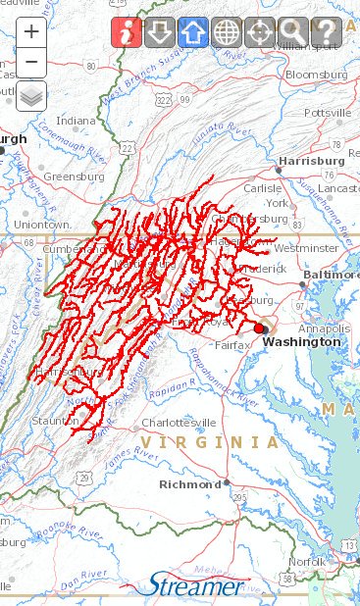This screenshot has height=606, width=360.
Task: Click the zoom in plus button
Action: click(31, 30)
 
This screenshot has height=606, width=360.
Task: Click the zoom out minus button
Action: click(31, 63)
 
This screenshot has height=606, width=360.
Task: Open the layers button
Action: click(31, 97)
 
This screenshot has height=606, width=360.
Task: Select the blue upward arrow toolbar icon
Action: click(194, 33)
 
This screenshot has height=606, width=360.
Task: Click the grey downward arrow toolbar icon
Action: click(161, 33)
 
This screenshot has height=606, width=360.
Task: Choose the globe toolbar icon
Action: click(228, 33)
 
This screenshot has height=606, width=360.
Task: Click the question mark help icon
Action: click(325, 33)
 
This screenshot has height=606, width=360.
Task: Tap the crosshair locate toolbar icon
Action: click(260, 33)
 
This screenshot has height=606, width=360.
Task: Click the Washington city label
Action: click(302, 342)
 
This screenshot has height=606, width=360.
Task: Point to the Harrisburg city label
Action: click(311, 159)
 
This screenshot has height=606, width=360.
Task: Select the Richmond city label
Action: click(190, 484)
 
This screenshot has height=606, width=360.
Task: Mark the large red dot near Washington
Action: click(259, 328)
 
